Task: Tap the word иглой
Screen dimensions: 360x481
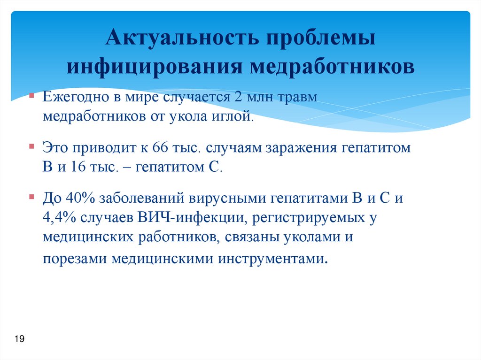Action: [x=237, y=116]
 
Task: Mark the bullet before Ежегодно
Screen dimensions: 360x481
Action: [x=31, y=96]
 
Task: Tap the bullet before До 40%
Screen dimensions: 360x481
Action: [x=31, y=197]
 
